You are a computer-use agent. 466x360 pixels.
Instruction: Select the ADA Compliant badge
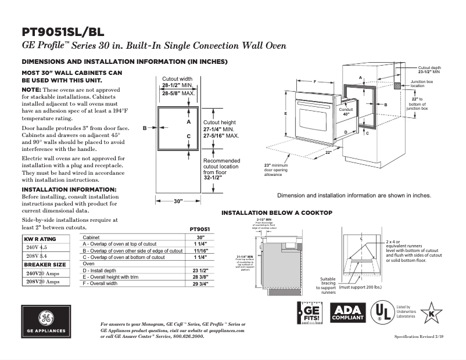point(347,313)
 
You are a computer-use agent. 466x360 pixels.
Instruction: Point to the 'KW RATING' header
point(40,239)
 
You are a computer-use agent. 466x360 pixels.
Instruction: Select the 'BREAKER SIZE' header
point(44,264)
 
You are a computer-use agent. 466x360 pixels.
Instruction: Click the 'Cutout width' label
point(177,78)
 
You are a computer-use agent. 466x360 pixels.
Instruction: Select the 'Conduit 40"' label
point(346,112)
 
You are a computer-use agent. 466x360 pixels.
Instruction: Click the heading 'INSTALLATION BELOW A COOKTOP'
point(277,213)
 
